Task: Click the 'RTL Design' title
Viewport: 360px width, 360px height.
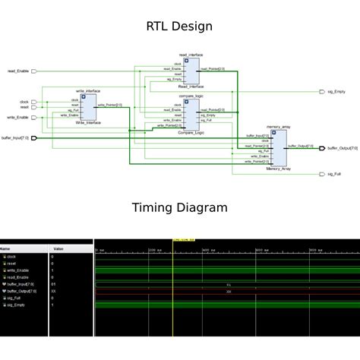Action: (x=179, y=27)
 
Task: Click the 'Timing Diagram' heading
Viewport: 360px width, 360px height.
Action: (x=179, y=207)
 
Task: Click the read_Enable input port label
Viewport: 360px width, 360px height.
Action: (x=18, y=71)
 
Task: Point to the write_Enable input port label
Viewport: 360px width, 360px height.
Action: (x=18, y=118)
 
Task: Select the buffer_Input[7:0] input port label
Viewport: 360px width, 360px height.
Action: (x=15, y=138)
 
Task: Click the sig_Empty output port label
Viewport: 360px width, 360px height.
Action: (x=336, y=92)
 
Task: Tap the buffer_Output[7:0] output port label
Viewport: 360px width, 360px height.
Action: (x=343, y=148)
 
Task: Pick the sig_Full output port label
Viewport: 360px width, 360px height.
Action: (x=334, y=175)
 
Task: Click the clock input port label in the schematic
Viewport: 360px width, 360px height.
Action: (x=24, y=101)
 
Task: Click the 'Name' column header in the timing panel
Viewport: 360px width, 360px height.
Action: (x=6, y=248)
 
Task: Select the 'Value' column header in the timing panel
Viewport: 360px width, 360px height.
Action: (x=58, y=248)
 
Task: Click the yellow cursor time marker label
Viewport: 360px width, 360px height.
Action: (x=184, y=240)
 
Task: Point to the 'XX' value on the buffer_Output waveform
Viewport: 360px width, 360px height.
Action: (x=229, y=291)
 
